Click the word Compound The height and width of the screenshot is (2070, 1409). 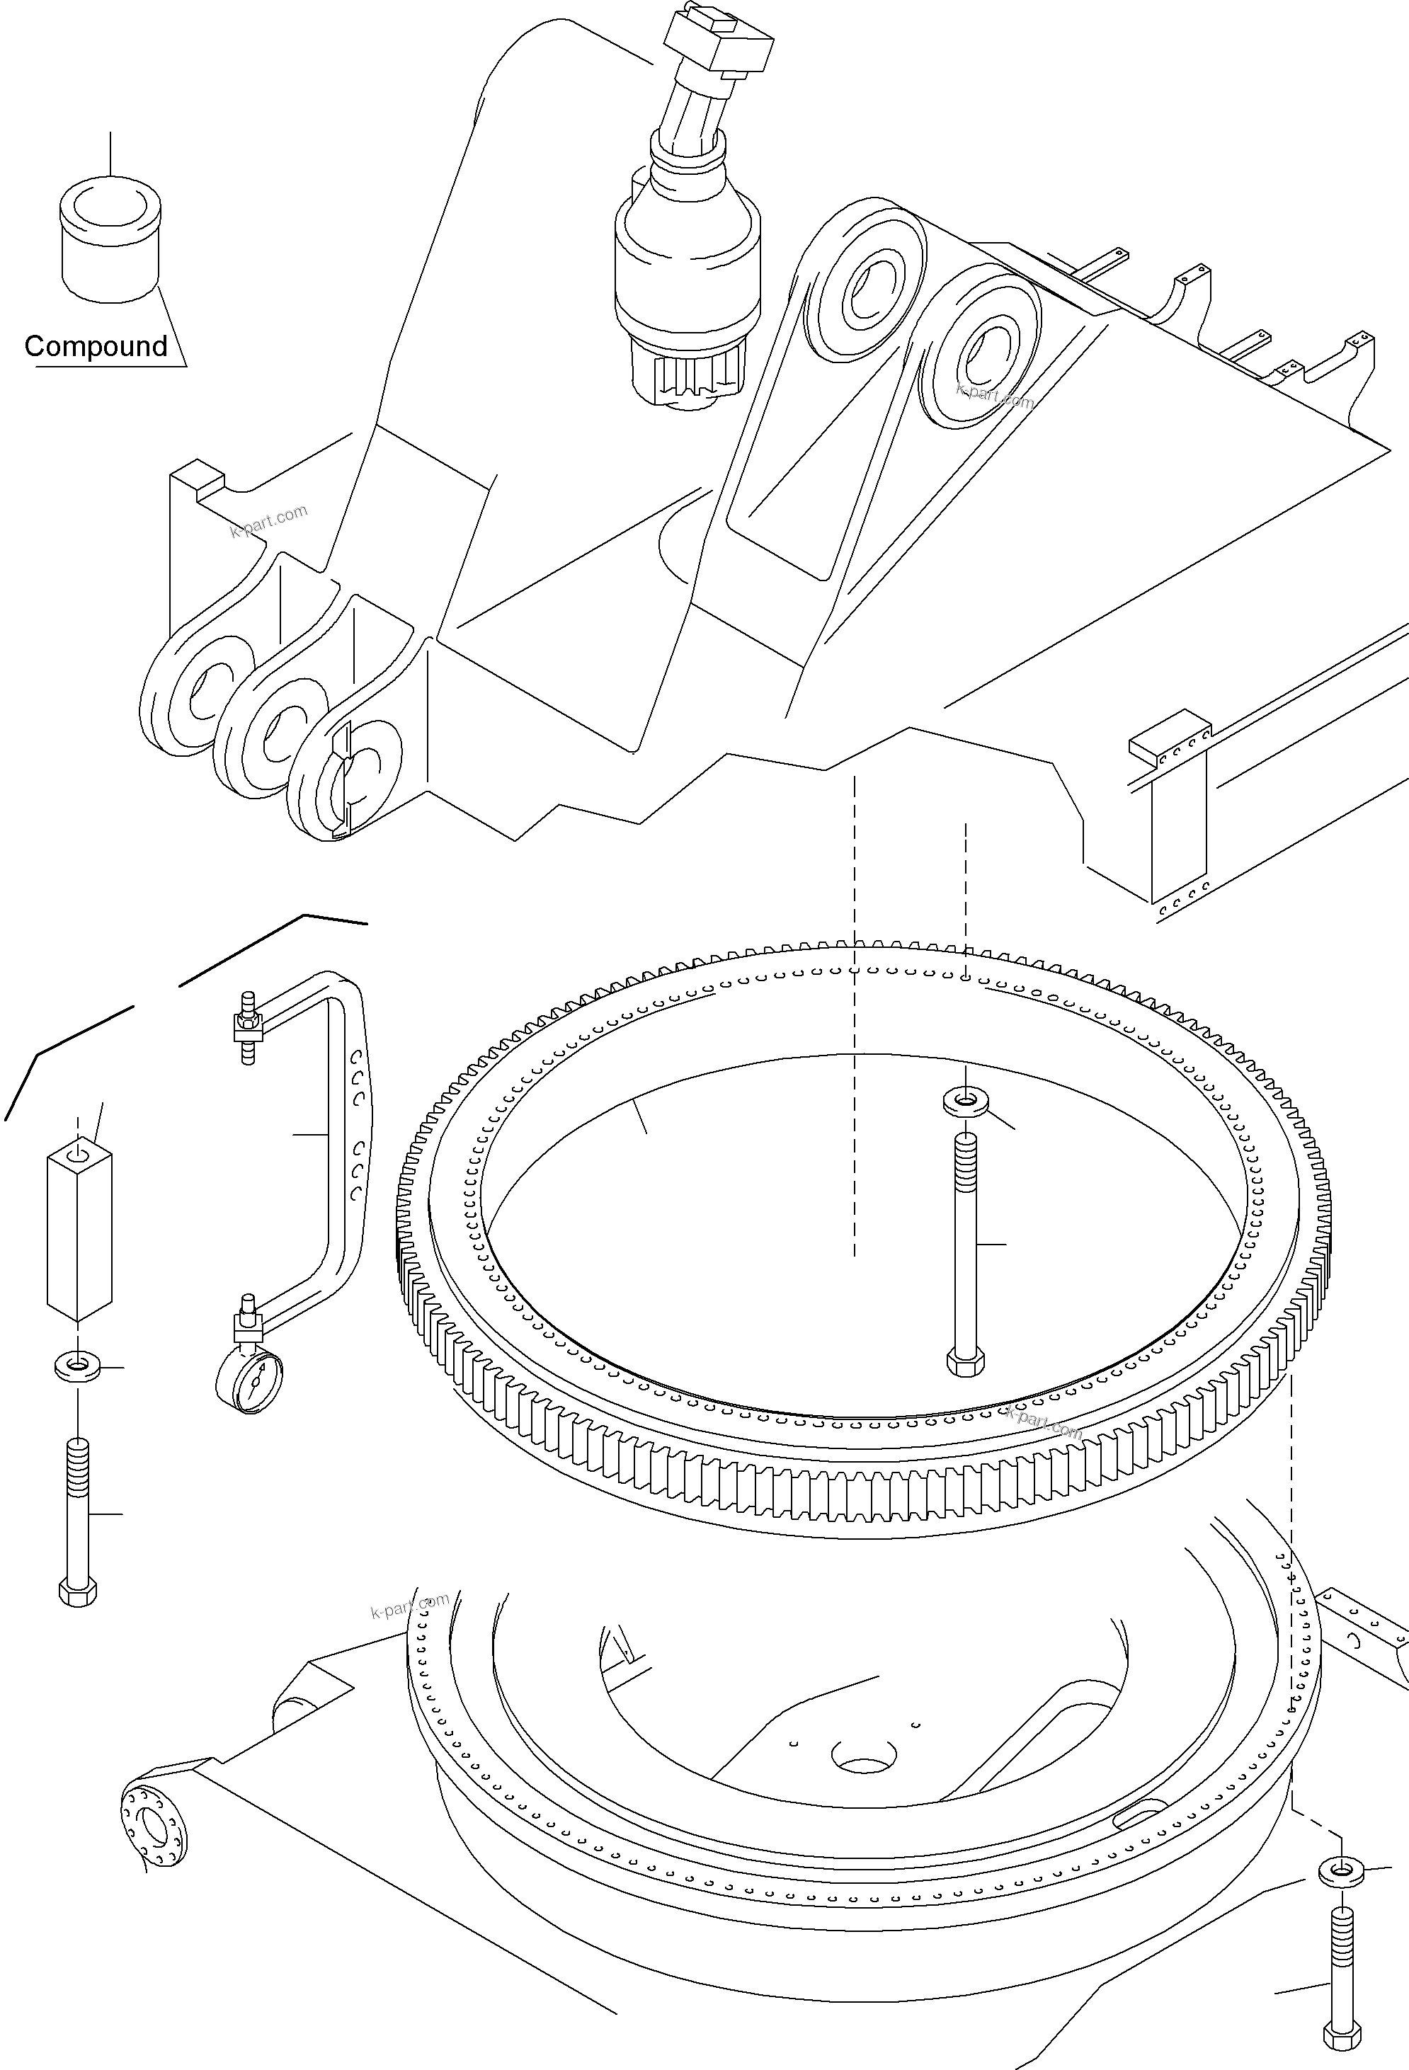point(96,345)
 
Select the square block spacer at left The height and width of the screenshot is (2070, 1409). point(79,1228)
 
